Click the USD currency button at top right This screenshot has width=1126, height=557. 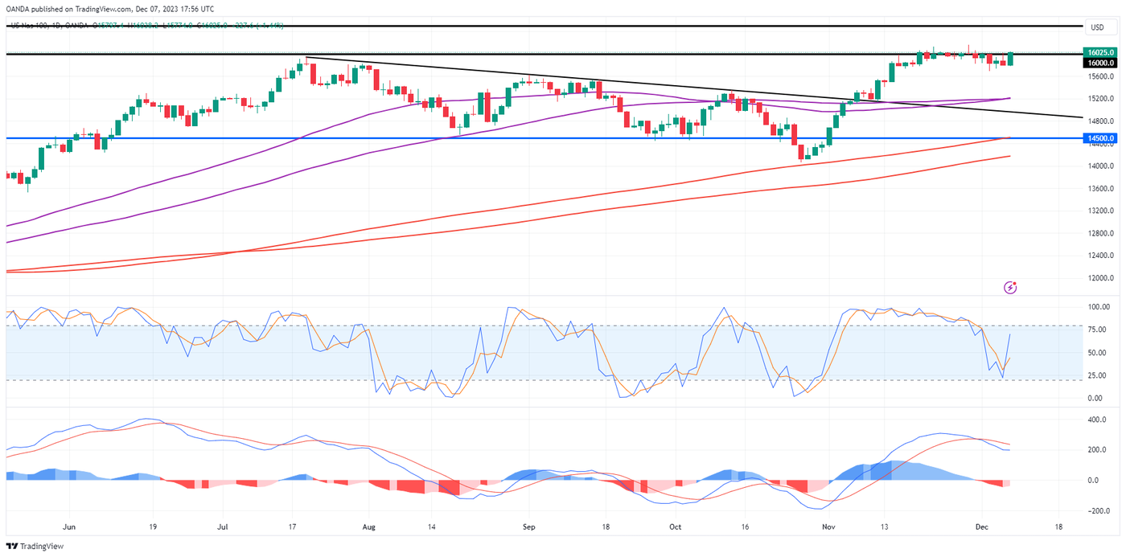click(1097, 27)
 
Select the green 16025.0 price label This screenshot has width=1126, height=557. click(1100, 52)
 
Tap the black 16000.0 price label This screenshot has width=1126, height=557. click(1100, 63)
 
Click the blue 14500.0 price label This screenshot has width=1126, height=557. click(1100, 138)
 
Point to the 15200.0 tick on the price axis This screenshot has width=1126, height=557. click(1099, 99)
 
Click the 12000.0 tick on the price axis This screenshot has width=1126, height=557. click(1099, 279)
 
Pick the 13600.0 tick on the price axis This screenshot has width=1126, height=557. click(1099, 189)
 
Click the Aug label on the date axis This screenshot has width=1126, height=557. click(369, 528)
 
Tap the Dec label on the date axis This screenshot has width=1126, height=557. click(982, 528)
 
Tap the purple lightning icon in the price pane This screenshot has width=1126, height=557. click(1011, 287)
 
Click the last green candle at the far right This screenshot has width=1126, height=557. click(1010, 58)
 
